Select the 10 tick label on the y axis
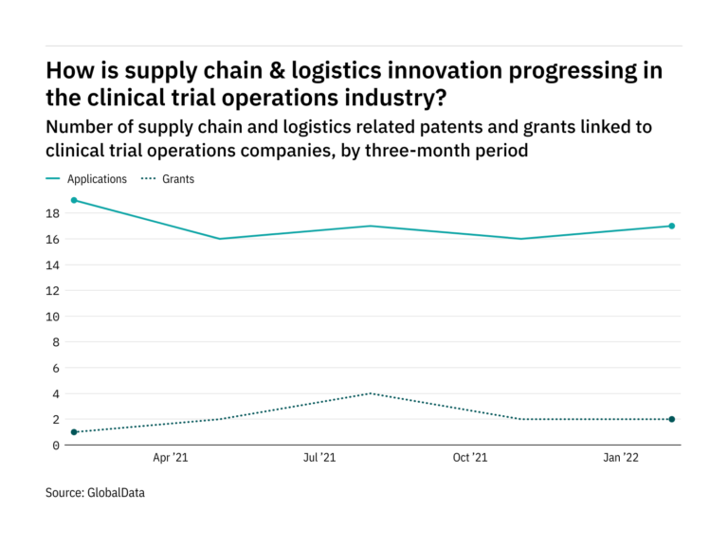tap(53, 317)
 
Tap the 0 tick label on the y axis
tap(57, 446)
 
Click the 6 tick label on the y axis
tap(57, 368)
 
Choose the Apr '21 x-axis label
tap(170, 458)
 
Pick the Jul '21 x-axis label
tap(319, 458)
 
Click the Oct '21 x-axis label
tap(470, 458)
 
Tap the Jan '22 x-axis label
tap(621, 458)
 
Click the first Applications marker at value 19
tap(74, 200)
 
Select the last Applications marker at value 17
tap(671, 226)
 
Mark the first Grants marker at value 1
tap(74, 432)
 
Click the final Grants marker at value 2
tap(671, 419)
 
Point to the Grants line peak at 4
tap(373, 393)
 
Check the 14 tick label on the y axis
tap(53, 264)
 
